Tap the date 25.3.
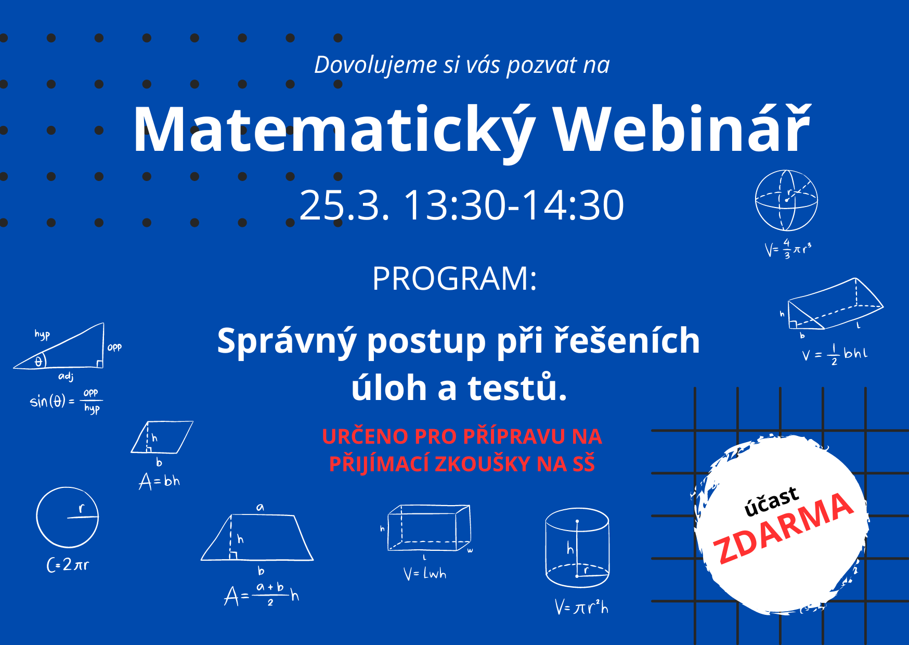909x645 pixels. coord(344,205)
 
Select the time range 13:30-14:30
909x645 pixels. coord(514,205)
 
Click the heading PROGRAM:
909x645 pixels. coord(454,278)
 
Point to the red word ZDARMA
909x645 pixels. coord(783,528)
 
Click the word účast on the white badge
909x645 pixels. coord(772,501)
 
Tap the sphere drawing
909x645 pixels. coord(786,200)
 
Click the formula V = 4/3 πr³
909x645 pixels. coord(788,249)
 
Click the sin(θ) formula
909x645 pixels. coord(66,401)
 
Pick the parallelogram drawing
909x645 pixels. coord(162,437)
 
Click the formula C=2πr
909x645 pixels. coord(68,565)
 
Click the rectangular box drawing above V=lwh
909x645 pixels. coord(430,527)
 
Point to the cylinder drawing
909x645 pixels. coord(577,548)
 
